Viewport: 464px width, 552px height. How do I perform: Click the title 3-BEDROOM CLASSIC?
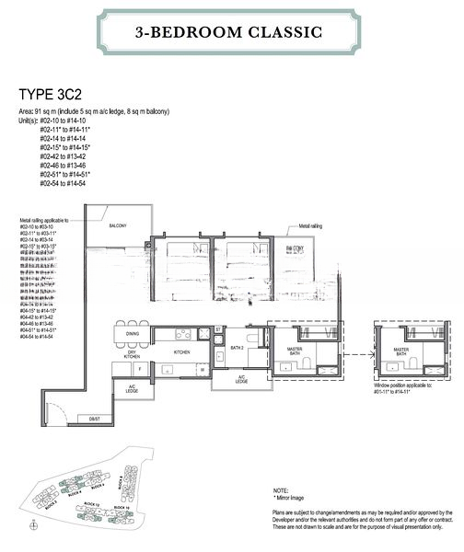(231, 32)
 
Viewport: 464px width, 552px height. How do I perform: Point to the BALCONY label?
(118, 225)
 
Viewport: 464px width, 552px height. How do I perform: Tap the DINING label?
(133, 334)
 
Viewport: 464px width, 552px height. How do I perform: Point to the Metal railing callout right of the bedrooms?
(311, 225)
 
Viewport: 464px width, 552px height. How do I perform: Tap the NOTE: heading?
(283, 491)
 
